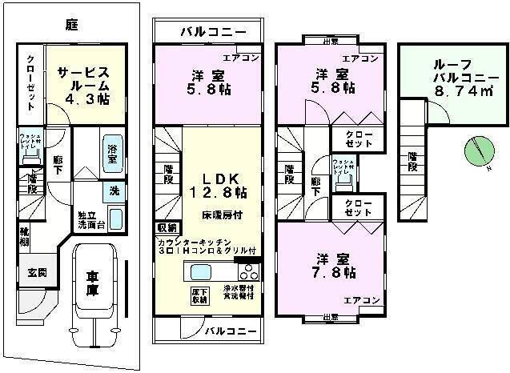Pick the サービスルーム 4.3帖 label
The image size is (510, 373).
83,83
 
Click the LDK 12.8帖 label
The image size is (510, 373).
219,186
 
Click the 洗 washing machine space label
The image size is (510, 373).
115,191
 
